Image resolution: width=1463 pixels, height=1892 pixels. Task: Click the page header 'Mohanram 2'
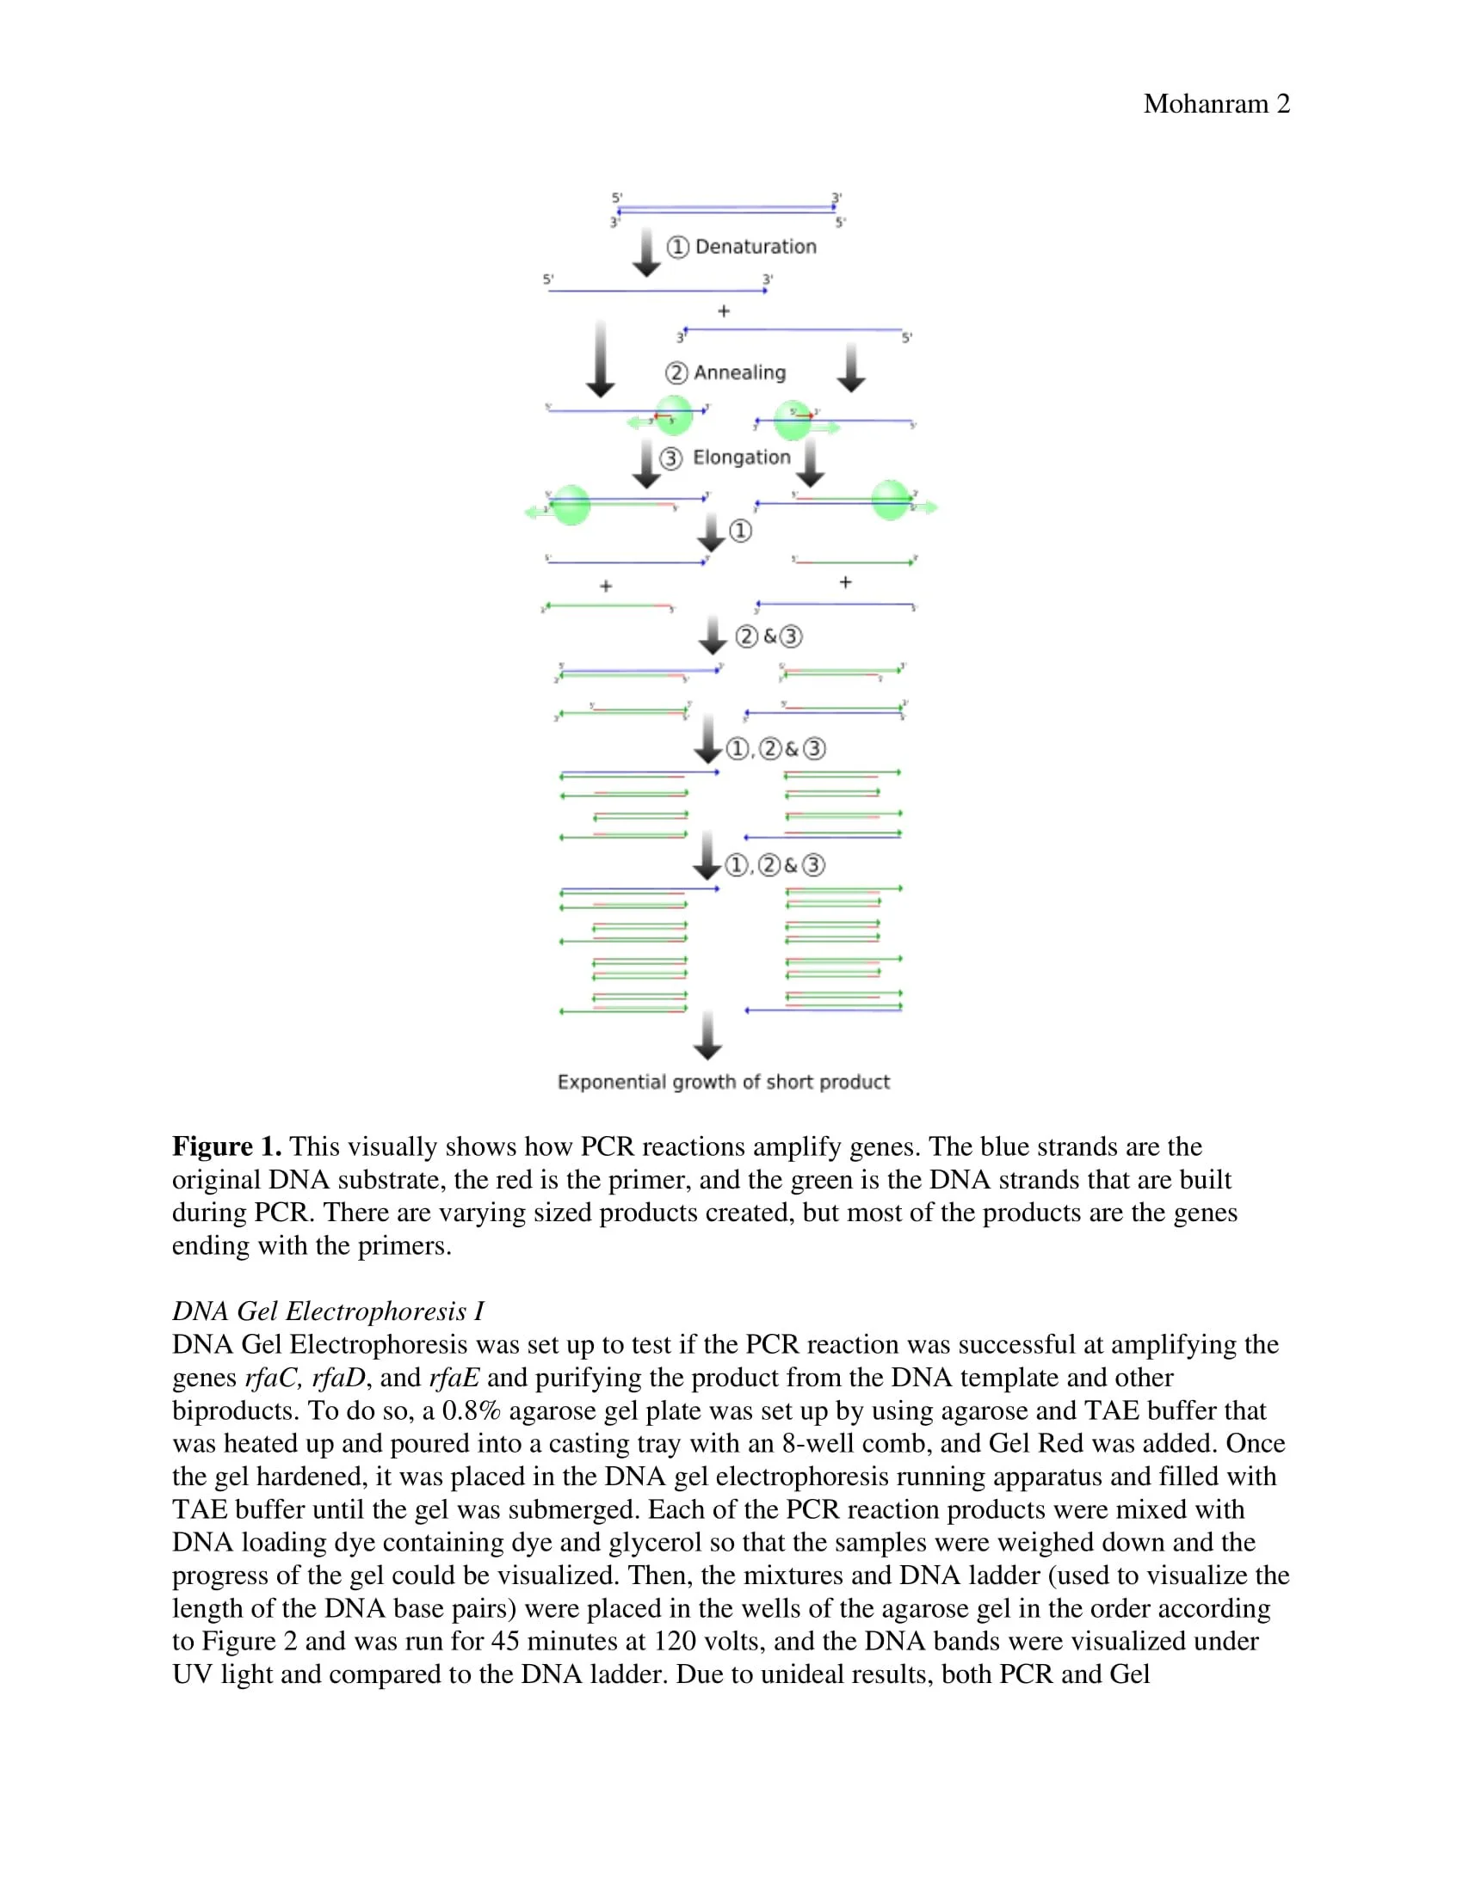[x=1216, y=104]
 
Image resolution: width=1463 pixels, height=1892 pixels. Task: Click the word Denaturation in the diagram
[x=756, y=247]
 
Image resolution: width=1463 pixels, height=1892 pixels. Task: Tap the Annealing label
[x=739, y=372]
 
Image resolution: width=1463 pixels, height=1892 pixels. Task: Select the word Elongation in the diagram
[x=742, y=458]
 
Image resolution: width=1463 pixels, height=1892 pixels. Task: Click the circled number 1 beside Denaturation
[x=678, y=247]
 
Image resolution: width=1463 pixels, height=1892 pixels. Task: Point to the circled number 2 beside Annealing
[x=676, y=372]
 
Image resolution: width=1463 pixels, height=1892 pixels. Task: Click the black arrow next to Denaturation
[x=645, y=252]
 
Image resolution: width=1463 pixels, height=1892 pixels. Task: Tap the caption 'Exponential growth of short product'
[x=724, y=1082]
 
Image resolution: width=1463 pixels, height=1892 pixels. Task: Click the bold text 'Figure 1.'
[x=226, y=1147]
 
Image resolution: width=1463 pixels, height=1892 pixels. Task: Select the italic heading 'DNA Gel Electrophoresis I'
[x=328, y=1311]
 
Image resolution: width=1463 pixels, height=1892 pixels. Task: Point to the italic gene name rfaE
[x=454, y=1378]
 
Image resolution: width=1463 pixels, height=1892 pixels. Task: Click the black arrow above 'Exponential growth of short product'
[x=708, y=1035]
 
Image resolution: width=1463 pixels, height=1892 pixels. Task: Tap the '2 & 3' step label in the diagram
[x=769, y=636]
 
